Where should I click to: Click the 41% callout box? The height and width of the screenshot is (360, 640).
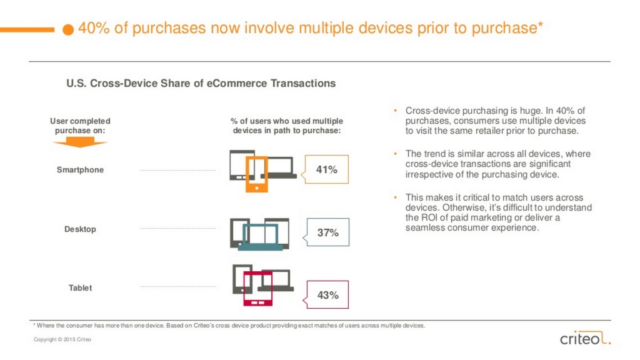point(326,169)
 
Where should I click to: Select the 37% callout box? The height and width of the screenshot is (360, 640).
point(327,232)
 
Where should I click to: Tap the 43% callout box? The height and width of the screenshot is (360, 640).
point(327,295)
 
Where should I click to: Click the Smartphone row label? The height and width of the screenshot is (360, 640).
point(80,170)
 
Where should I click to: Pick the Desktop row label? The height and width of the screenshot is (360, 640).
point(80,229)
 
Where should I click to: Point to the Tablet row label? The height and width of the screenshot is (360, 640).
point(80,287)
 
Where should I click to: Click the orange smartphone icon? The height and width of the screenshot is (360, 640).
point(256,174)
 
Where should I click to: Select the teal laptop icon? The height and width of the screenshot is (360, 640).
point(261,237)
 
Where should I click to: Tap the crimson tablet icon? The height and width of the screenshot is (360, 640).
point(257,289)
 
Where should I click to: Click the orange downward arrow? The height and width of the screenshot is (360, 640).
point(80,142)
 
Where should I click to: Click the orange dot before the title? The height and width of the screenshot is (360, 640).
point(68,29)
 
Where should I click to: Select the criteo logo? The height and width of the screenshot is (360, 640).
point(585,337)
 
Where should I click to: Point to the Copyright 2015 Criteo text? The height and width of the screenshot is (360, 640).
point(62,339)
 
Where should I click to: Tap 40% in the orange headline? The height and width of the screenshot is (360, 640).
point(94,28)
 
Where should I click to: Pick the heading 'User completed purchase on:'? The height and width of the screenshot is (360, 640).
point(80,126)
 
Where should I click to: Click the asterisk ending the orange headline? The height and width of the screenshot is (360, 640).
point(540,24)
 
